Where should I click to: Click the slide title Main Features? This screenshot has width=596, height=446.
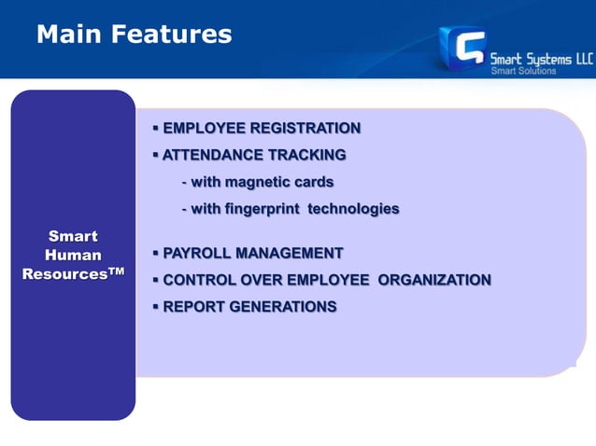pyautogui.click(x=134, y=35)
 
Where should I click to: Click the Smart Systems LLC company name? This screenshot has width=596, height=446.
pyautogui.click(x=542, y=57)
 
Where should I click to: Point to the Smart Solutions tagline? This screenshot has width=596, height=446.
pyautogui.click(x=524, y=71)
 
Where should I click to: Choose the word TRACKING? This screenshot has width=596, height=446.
pyautogui.click(x=307, y=155)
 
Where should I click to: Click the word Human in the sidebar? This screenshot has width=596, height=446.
pyautogui.click(x=73, y=255)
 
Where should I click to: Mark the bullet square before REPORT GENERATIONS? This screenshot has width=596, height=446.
pyautogui.click(x=155, y=306)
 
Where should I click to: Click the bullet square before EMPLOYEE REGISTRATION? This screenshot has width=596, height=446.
pyautogui.click(x=155, y=128)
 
